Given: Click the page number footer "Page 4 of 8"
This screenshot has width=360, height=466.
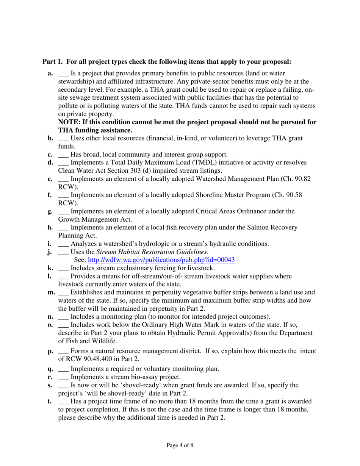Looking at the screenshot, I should [x=180, y=445].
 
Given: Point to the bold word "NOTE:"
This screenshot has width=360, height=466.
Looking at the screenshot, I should [x=69, y=123].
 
